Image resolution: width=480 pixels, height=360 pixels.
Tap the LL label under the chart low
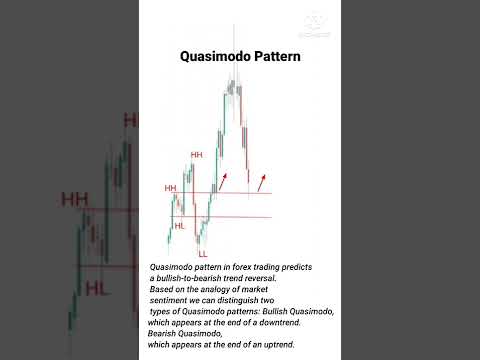[203, 254]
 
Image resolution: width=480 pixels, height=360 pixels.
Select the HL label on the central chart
[179, 226]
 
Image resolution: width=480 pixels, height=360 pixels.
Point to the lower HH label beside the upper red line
[171, 188]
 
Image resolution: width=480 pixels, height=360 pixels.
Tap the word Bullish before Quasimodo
[283, 312]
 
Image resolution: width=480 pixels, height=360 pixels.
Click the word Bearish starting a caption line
[166, 334]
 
